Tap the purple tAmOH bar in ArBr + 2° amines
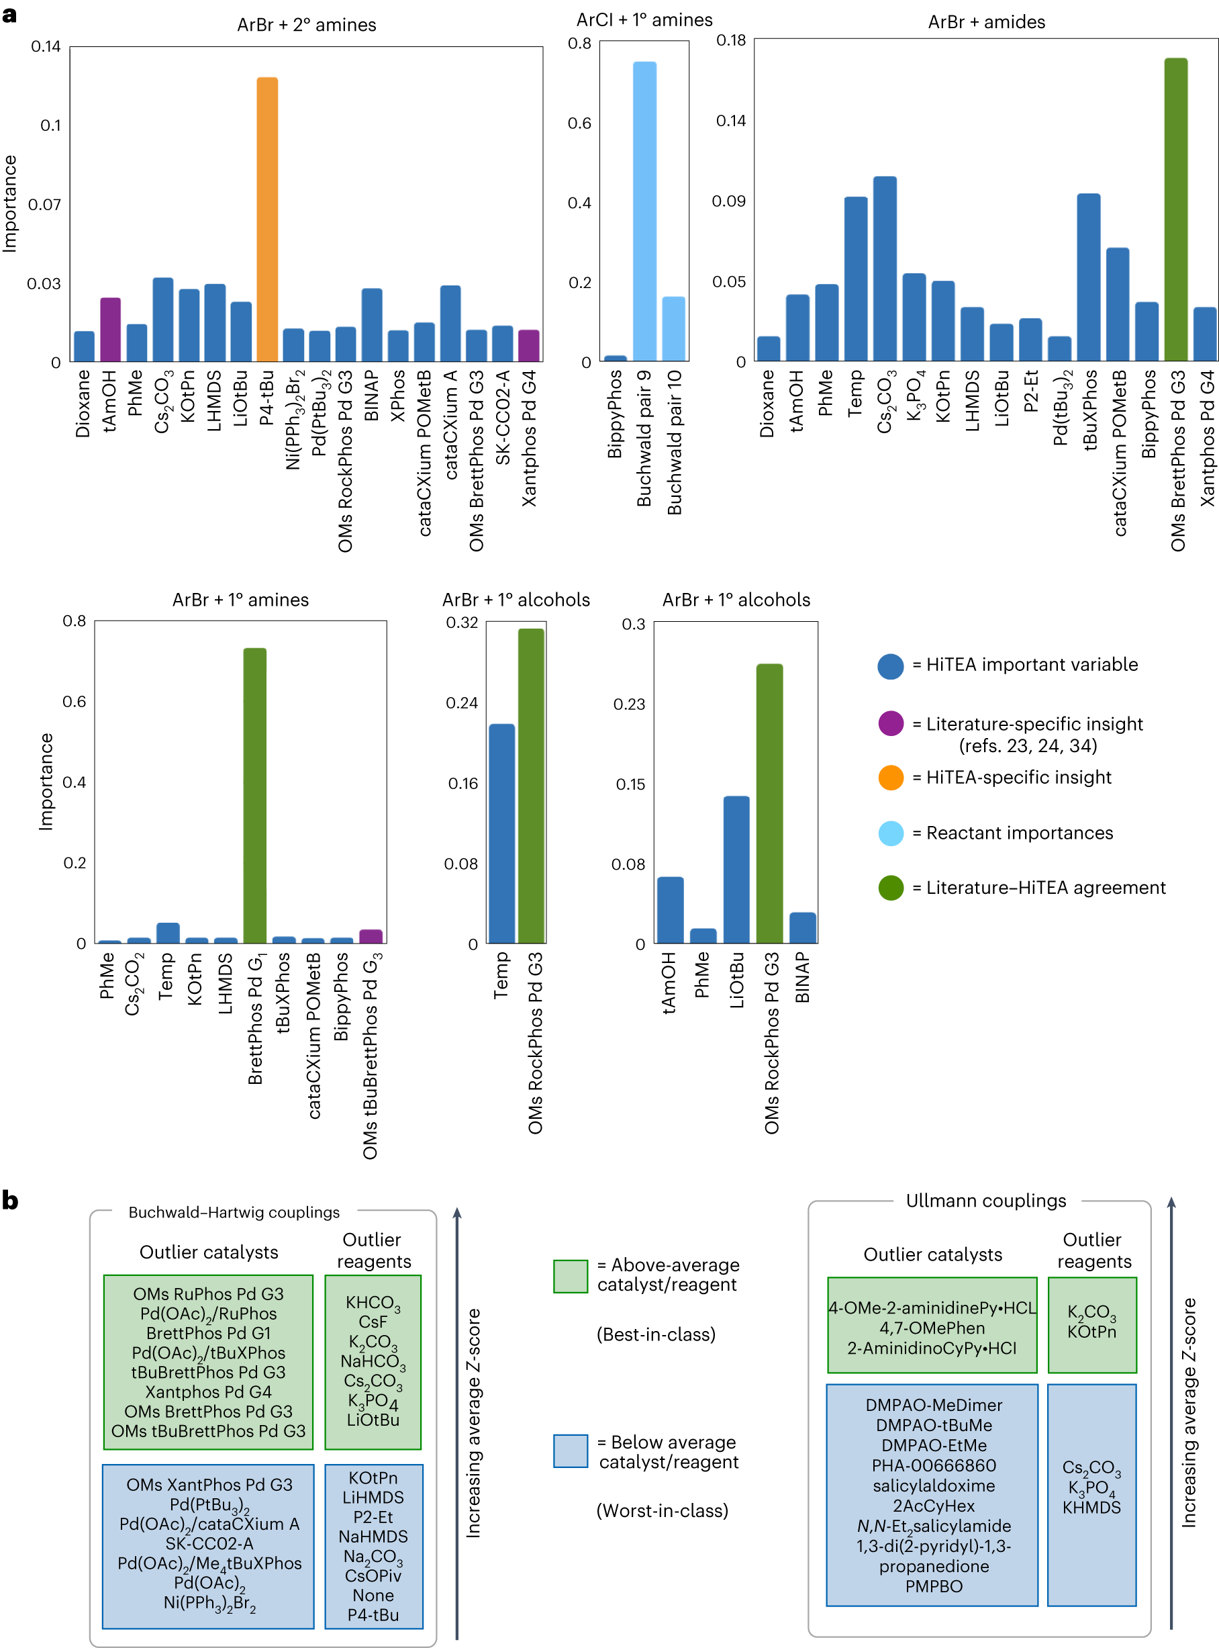tap(110, 330)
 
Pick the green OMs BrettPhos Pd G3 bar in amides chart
tap(1175, 210)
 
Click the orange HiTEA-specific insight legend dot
tap(891, 777)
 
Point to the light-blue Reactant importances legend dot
tap(891, 833)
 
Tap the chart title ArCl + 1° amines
tap(644, 20)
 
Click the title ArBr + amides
tap(986, 22)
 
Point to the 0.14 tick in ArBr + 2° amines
tap(46, 46)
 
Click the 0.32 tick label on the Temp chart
tap(461, 622)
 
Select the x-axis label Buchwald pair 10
tap(675, 442)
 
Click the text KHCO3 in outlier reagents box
tap(373, 1303)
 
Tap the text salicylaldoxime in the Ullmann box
tap(934, 1485)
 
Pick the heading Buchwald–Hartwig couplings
tap(234, 1213)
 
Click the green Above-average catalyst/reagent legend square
tap(571, 1276)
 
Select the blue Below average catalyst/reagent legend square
tap(571, 1451)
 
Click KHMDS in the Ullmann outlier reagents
tap(1091, 1507)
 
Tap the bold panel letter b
tap(10, 1200)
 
